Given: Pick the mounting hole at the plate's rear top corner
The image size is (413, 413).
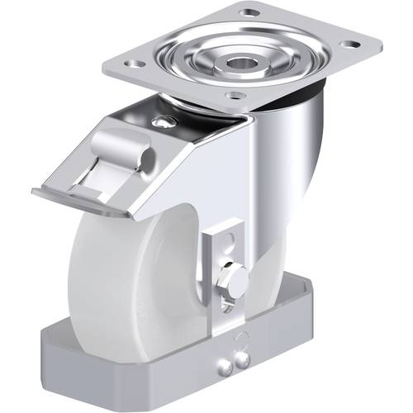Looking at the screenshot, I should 249,12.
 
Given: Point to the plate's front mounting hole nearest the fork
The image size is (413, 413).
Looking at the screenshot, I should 236,96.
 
